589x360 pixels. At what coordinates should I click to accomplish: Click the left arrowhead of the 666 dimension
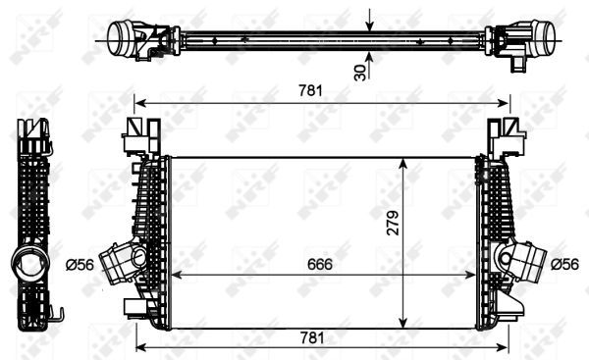[x=176, y=275]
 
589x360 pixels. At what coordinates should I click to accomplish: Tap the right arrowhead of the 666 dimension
[x=473, y=275]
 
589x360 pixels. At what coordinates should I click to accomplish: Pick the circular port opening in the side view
[x=27, y=266]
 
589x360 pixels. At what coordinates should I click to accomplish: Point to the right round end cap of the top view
[x=538, y=40]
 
